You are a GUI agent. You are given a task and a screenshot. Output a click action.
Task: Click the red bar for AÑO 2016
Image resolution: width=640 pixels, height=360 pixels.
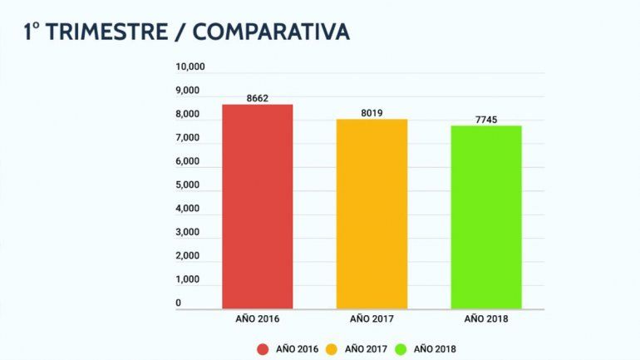257,206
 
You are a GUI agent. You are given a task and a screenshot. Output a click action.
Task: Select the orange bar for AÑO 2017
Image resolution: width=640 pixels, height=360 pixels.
372,214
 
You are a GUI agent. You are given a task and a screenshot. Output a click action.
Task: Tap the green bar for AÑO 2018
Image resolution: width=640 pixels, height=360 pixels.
486,217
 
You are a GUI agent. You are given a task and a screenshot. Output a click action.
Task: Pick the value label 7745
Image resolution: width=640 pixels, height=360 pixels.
486,120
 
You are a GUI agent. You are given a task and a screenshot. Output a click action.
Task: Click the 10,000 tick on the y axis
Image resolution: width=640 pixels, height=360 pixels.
190,67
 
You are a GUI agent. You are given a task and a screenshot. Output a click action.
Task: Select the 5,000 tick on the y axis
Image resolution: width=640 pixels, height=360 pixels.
190,185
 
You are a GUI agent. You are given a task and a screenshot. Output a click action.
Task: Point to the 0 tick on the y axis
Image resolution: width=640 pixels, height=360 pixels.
179,303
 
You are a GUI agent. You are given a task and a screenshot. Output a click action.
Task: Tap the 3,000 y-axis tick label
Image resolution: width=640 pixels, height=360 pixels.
190,232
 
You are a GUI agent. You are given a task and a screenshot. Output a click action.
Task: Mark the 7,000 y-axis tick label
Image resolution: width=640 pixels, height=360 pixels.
190,138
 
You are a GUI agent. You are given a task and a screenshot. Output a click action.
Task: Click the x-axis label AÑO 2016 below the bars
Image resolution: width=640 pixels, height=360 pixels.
257,318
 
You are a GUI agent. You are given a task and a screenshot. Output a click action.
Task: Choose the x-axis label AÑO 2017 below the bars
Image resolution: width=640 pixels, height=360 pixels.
372,318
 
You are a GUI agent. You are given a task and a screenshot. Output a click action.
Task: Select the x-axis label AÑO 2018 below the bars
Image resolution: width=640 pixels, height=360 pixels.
486,318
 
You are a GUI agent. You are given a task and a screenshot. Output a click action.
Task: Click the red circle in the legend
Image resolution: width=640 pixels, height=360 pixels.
263,348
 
